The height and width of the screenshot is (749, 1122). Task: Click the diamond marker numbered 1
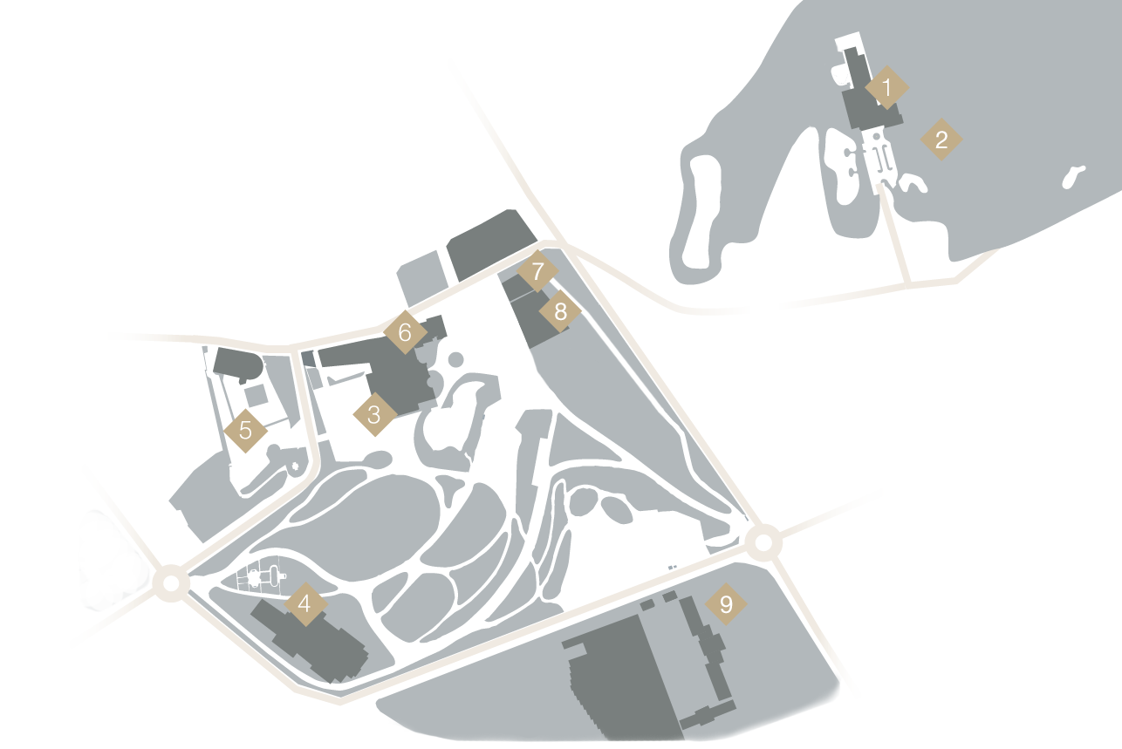(886, 87)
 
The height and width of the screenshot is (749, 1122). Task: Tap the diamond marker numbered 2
(941, 140)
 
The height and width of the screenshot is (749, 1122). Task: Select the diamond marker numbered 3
(374, 414)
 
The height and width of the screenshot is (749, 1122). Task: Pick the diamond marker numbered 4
(304, 603)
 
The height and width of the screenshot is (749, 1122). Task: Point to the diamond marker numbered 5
(245, 430)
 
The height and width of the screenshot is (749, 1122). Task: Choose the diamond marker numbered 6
(404, 332)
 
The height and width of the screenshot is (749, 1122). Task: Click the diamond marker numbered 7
(537, 272)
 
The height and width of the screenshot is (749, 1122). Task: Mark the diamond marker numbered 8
(560, 310)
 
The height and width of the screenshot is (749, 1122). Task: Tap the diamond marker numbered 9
(726, 603)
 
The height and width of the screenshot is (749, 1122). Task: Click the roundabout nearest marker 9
(763, 542)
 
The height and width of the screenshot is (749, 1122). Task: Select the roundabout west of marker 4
(170, 582)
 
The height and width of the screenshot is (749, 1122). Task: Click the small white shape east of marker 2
(1072, 178)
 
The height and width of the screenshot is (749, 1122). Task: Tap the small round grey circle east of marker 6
(455, 359)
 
